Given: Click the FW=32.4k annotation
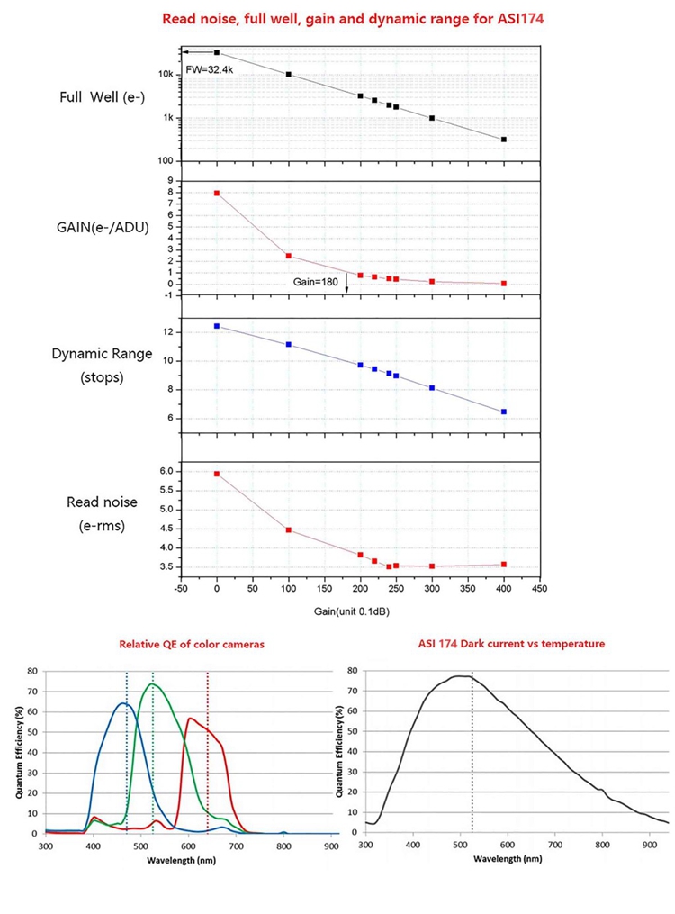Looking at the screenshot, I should tap(209, 68).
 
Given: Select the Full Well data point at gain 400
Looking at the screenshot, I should tap(504, 140).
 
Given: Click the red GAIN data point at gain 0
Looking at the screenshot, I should tap(217, 193).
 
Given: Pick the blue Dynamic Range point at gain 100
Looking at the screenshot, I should tap(288, 344).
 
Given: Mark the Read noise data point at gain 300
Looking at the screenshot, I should tap(432, 566).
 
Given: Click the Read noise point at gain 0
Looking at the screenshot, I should tap(217, 474).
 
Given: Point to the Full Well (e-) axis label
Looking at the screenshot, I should tap(97, 96).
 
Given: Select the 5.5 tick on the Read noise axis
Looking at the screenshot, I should tap(166, 490).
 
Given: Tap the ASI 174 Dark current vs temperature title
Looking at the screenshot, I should tap(511, 645).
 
